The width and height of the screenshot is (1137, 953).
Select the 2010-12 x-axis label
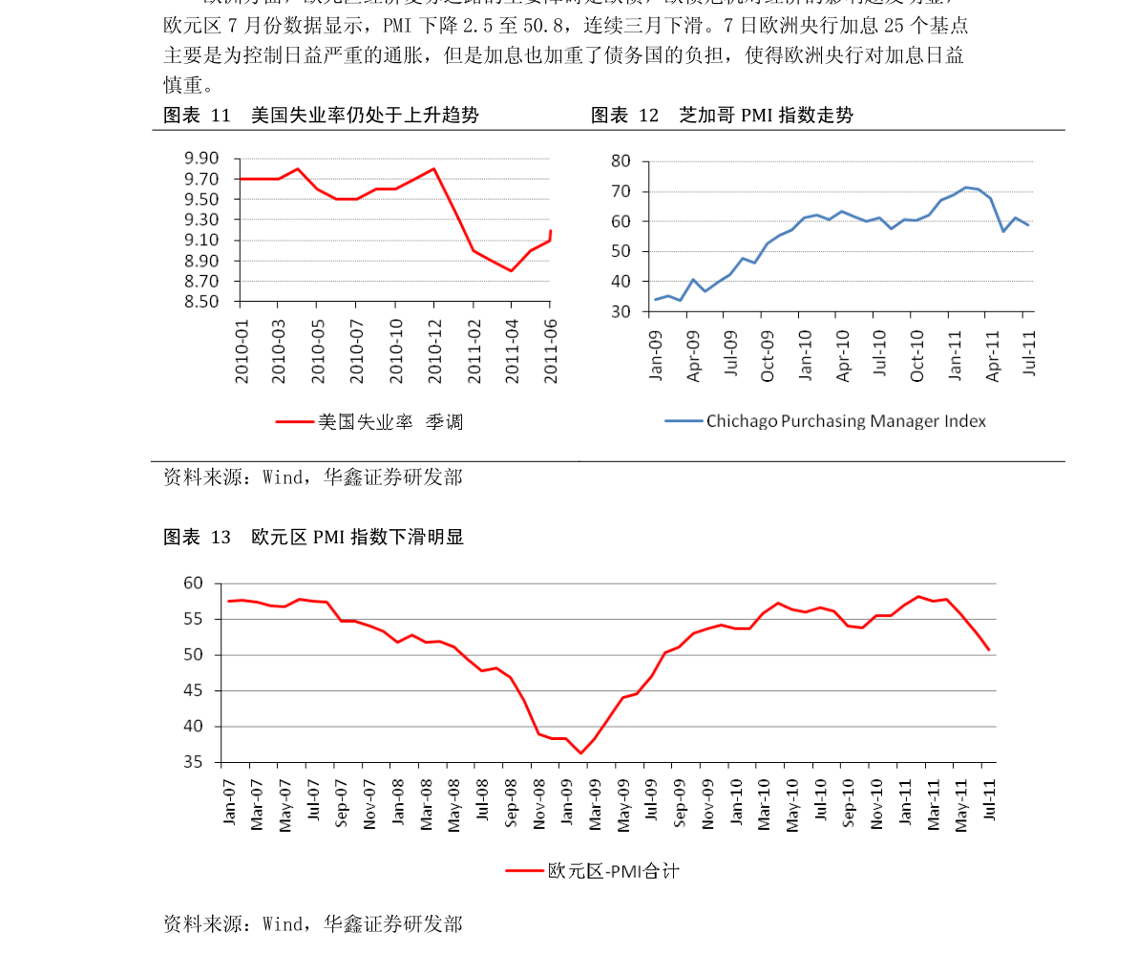pos(434,350)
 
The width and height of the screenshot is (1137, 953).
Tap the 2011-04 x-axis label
pos(512,350)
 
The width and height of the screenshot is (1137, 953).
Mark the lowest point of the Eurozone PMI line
pos(580,753)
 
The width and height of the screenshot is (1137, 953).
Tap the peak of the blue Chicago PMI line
pos(966,187)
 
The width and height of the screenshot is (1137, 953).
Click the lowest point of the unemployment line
pos(512,271)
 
